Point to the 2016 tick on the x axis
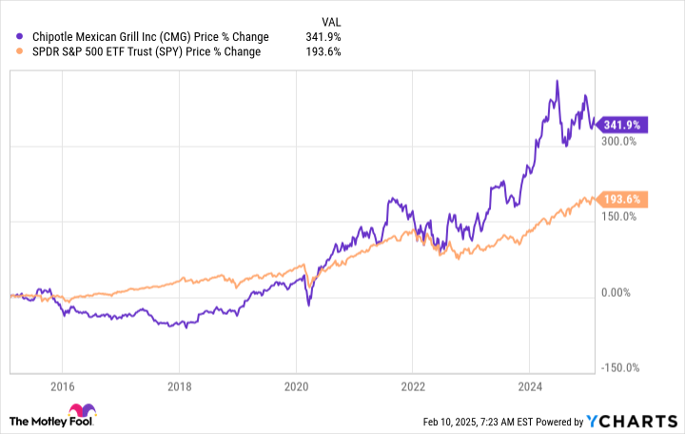(62, 388)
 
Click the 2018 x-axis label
(179, 388)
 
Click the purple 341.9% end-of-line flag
(624, 125)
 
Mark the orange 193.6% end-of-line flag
(624, 199)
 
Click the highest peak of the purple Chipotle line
(557, 82)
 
